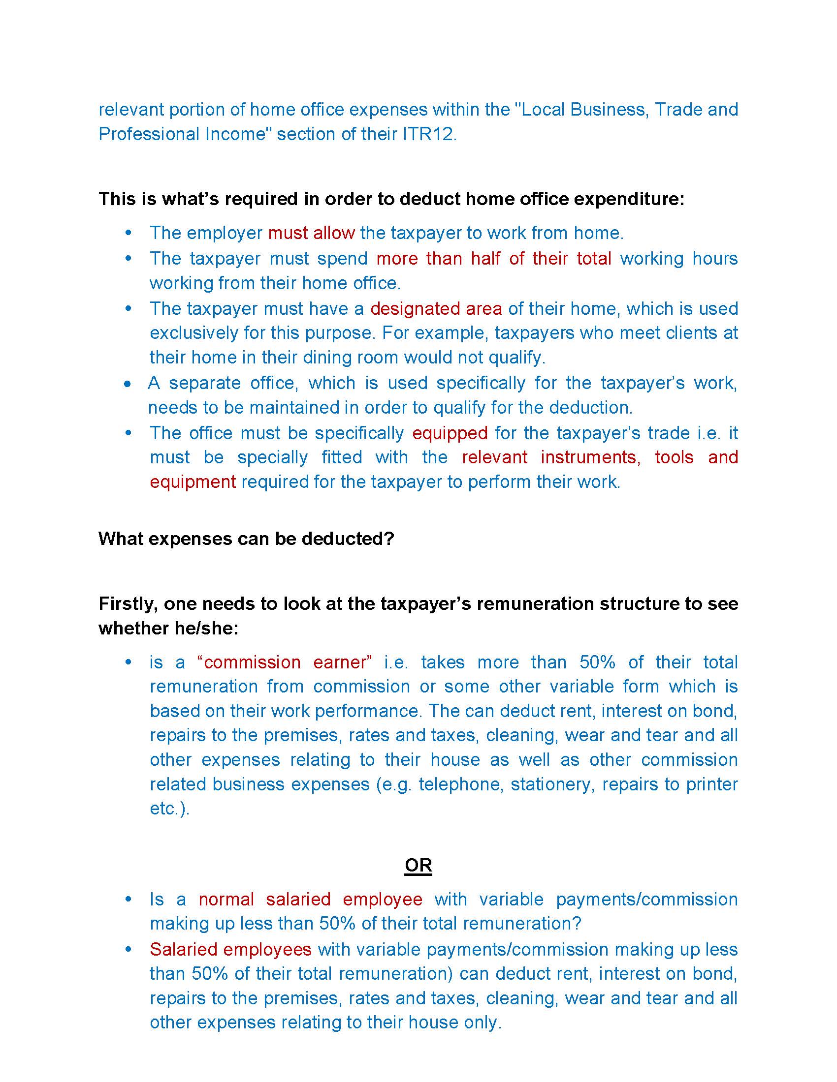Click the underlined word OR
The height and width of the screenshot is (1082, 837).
[418, 866]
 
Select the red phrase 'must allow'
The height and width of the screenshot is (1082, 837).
[311, 233]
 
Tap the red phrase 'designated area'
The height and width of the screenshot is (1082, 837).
[436, 309]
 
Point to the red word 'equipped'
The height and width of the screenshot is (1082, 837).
[450, 433]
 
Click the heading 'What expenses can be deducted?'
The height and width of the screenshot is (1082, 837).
[246, 539]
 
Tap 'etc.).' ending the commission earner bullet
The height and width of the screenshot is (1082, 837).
[169, 809]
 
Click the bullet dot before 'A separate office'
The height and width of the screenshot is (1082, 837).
[129, 384]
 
